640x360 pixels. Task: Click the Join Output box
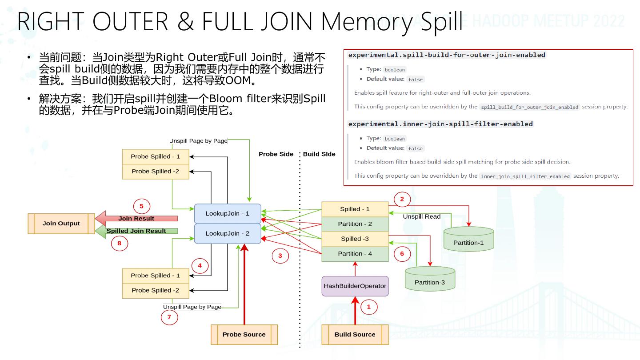[61, 224]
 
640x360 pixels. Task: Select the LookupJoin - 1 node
[228, 214]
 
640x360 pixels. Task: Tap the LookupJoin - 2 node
[228, 234]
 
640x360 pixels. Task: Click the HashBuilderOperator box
[355, 286]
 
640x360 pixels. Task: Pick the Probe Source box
[244, 335]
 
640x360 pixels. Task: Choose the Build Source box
[355, 335]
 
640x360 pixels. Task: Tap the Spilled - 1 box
[355, 209]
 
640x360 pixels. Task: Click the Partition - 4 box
[355, 254]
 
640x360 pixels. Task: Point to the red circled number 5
[142, 206]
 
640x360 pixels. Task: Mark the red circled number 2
[402, 199]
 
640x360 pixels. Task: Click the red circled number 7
[169, 317]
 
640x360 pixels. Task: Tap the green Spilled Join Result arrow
[136, 231]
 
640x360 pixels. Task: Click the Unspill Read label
[421, 216]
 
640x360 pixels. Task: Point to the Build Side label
[319, 154]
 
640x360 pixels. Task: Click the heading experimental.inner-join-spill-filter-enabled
[440, 124]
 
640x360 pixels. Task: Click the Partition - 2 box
[355, 224]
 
